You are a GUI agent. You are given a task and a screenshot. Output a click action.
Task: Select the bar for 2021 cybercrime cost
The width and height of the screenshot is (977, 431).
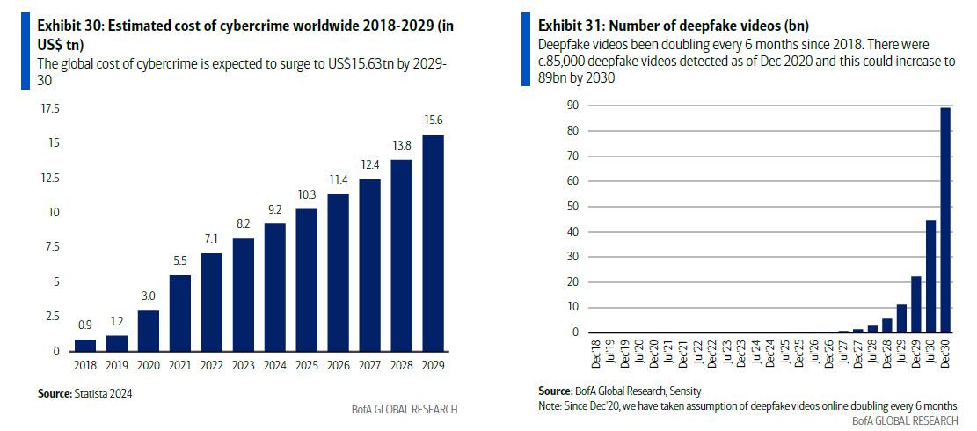pyautogui.click(x=180, y=313)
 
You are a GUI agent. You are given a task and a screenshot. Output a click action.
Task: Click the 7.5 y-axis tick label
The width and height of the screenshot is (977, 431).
pyautogui.click(x=53, y=247)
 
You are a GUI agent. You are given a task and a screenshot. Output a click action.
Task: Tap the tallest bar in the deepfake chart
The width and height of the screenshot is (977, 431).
pyautogui.click(x=944, y=220)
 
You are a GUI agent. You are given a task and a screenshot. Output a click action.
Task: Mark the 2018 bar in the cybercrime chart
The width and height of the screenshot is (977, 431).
pyautogui.click(x=85, y=345)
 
